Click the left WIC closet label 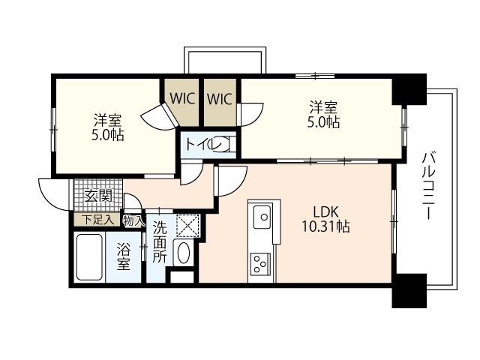(182, 98)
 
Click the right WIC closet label (220, 98)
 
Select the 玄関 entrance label (98, 196)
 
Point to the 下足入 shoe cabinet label (97, 220)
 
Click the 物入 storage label (133, 220)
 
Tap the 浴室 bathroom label (124, 256)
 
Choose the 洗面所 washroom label (160, 242)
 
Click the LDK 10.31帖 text (325, 219)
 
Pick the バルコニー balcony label (430, 185)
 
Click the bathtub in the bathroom (89, 257)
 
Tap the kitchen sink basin (262, 217)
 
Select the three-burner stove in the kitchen (260, 263)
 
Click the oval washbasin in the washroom (183, 253)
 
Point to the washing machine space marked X (187, 226)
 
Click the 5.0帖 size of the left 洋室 (108, 135)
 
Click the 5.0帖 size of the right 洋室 (323, 122)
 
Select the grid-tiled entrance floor (98, 195)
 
